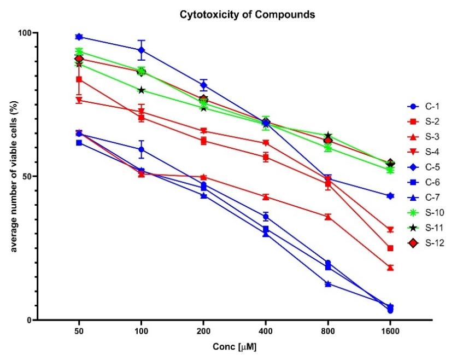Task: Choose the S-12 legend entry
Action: pos(429,243)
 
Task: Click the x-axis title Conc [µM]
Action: pos(235,347)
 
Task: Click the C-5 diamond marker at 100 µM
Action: pos(141,50)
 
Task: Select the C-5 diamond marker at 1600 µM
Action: pos(390,195)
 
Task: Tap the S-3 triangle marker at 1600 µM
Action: pos(390,268)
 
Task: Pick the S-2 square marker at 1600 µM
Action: pos(390,248)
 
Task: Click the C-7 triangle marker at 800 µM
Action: pos(328,284)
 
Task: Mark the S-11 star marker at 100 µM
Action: pos(141,90)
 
